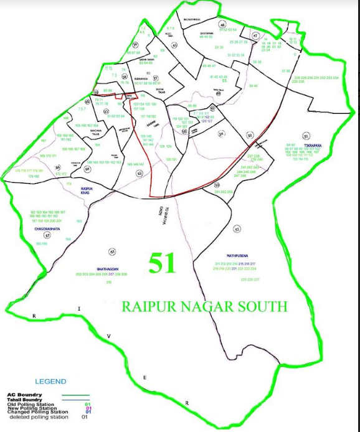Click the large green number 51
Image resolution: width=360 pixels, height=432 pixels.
163,263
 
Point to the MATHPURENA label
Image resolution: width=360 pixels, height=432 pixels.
239,255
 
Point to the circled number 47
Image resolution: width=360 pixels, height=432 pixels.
255,36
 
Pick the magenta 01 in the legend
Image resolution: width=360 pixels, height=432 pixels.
88,408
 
